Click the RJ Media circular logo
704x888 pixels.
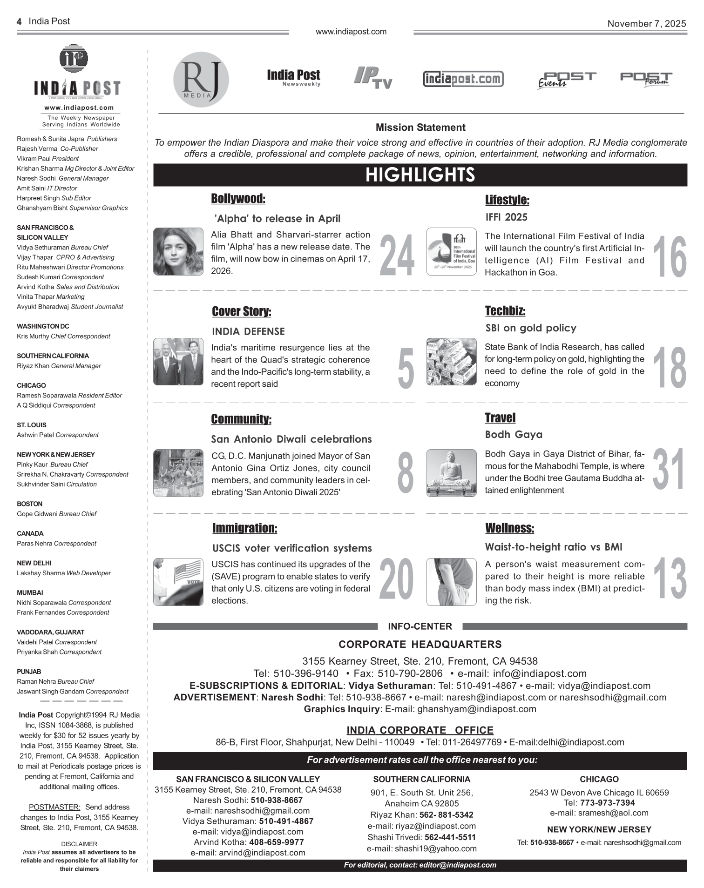tap(201, 79)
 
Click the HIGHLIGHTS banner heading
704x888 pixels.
tap(420, 175)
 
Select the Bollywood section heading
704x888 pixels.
tap(238, 199)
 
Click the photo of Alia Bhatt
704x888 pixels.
tap(178, 251)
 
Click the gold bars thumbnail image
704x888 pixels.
tap(451, 362)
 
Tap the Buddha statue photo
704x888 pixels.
tap(451, 473)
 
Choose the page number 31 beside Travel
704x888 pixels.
tap(669, 470)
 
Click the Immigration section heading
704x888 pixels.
tap(244, 528)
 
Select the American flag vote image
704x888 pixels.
tap(178, 582)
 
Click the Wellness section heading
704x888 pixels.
tap(509, 528)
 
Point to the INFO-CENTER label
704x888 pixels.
tap(420, 626)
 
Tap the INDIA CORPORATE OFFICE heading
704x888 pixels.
tap(420, 730)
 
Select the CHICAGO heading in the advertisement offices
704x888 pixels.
tap(599, 779)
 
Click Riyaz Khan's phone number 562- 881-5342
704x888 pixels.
tap(446, 815)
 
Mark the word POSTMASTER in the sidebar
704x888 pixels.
tap(54, 807)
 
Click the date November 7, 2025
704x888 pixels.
tap(646, 24)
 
